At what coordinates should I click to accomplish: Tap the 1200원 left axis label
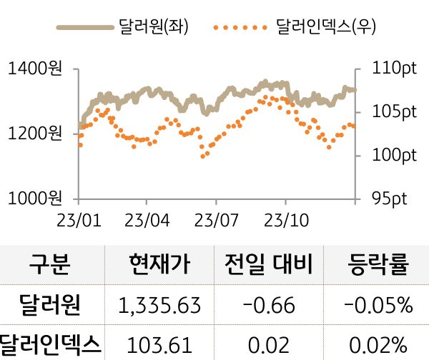coord(34,133)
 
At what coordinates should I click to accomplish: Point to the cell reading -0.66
coord(269,306)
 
